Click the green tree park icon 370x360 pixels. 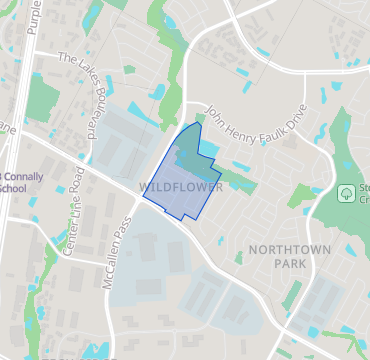coord(349,191)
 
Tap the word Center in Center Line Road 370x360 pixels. coord(69,243)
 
